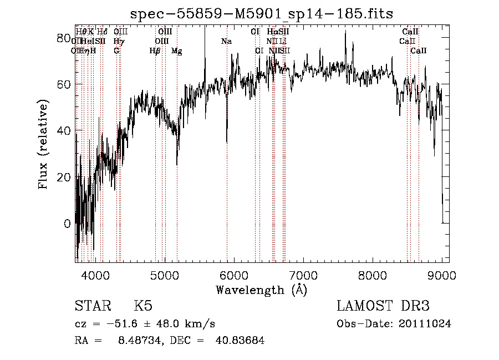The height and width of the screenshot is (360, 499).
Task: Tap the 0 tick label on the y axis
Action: (67, 224)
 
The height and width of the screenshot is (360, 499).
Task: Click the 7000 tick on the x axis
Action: (303, 273)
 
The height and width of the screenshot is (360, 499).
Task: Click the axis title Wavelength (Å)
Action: (261, 290)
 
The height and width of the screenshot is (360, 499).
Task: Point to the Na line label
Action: (226, 41)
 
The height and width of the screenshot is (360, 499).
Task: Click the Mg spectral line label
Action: (176, 50)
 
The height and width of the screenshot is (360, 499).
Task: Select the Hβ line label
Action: (155, 50)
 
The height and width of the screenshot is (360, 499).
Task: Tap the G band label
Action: (116, 50)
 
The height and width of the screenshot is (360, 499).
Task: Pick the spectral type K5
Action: (143, 307)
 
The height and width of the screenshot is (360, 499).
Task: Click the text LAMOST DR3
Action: (383, 307)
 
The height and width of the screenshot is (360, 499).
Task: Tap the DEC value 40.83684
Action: (240, 341)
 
